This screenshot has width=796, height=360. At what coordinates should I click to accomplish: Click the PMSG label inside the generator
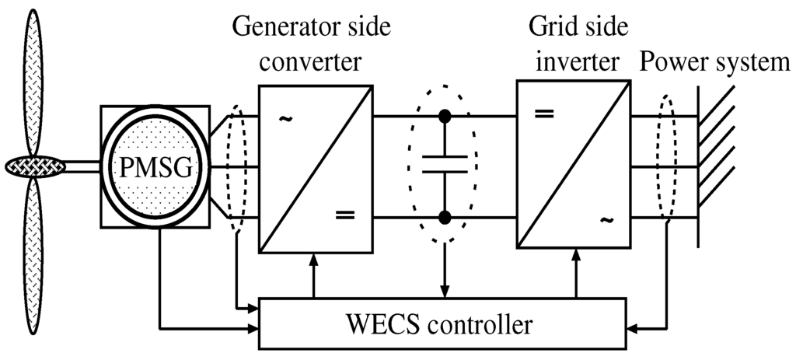(x=154, y=166)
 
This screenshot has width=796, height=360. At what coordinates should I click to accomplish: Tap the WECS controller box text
(x=444, y=323)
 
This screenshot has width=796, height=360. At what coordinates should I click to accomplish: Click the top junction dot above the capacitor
(x=445, y=117)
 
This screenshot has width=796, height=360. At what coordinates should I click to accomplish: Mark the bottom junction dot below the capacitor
(x=445, y=216)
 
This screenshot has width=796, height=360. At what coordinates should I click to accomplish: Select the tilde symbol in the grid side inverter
(x=604, y=220)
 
